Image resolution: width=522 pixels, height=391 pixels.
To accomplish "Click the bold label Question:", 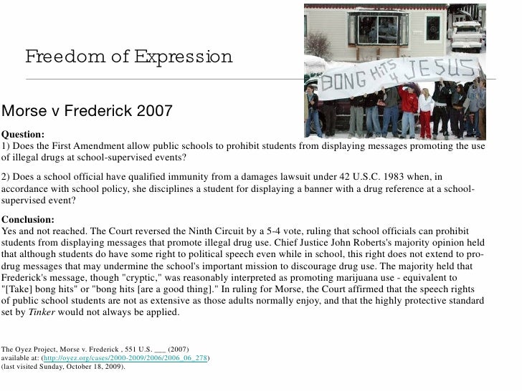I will point(23,134).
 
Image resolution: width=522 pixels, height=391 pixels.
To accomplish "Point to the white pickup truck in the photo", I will point(468,32).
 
